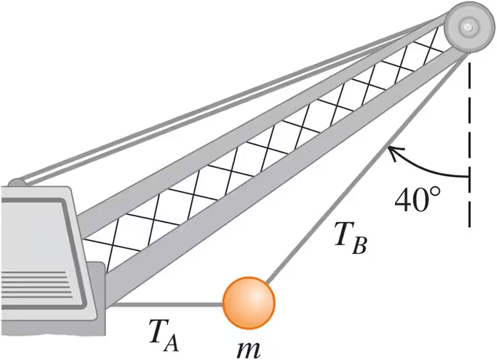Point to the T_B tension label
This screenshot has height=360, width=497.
tap(349, 239)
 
